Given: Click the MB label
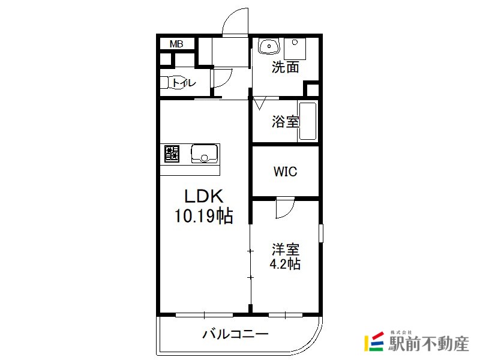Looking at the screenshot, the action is click(x=176, y=44).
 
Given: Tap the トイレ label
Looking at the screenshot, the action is click(x=184, y=83).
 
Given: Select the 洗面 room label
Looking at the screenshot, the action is click(x=286, y=67).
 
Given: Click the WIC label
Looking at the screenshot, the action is click(x=286, y=172).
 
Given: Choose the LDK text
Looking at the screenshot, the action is click(x=204, y=196).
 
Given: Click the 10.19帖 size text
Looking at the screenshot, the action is click(x=204, y=216).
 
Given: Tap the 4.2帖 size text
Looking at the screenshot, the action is click(x=285, y=264).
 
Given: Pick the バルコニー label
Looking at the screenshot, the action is click(x=235, y=334).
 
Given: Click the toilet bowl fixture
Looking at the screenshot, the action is click(x=172, y=82).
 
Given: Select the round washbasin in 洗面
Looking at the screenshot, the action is click(x=269, y=46).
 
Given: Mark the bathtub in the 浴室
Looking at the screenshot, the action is click(x=307, y=121).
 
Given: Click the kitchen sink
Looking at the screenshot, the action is click(x=205, y=154).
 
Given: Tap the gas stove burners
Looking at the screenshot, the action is click(x=172, y=154).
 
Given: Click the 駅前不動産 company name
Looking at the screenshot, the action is click(x=428, y=343).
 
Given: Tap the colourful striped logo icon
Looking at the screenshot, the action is click(x=374, y=341).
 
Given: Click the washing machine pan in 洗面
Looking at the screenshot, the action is click(x=295, y=49).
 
